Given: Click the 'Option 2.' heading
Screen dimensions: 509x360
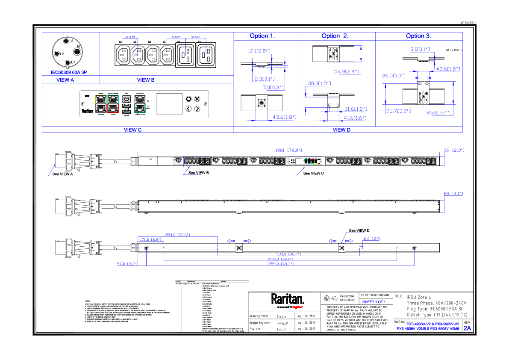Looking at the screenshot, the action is (335, 36).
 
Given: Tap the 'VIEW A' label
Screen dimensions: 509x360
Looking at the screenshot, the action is (65, 80).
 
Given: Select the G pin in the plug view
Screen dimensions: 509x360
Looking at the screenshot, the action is (76, 51).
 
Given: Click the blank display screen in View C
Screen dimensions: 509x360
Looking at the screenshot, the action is (168, 104).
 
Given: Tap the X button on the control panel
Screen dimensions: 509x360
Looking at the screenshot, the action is (197, 99).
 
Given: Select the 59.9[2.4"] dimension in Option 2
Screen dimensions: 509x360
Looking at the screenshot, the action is (346, 71).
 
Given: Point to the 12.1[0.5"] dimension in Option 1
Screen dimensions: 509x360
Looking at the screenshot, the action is (259, 51).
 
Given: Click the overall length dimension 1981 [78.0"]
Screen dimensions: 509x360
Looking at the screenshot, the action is (288, 150).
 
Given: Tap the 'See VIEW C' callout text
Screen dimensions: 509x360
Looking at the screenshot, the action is (314, 174).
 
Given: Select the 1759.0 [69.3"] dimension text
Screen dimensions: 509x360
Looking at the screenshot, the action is (280, 264).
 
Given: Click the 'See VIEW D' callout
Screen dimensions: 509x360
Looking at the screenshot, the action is (359, 230).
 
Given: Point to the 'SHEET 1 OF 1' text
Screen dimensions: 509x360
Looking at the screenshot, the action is (374, 302).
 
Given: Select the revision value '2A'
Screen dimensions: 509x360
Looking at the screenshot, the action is (467, 328).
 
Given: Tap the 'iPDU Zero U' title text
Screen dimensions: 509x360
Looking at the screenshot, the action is (419, 297).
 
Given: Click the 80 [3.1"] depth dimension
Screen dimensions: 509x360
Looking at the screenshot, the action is (453, 194).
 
